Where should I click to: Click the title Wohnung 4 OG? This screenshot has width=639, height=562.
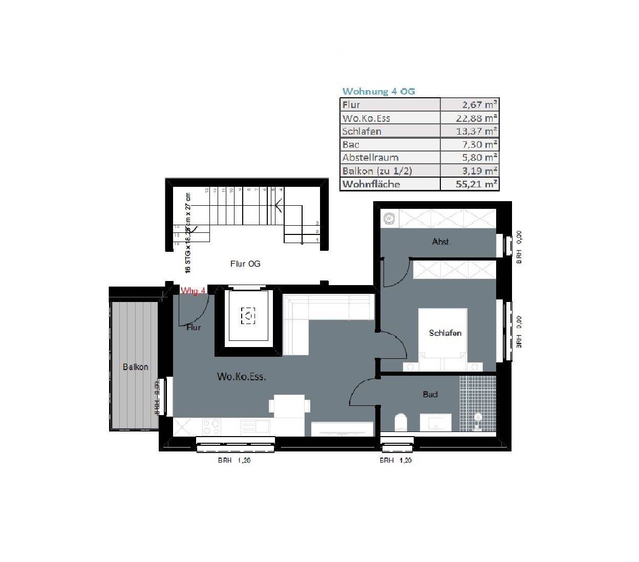pyautogui.click(x=378, y=92)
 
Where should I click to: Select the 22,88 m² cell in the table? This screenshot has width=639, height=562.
pyautogui.click(x=470, y=118)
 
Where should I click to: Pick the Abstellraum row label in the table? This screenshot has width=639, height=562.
pyautogui.click(x=370, y=158)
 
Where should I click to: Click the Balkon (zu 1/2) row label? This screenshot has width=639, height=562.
pyautogui.click(x=377, y=171)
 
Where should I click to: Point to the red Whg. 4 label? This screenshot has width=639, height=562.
pyautogui.click(x=193, y=291)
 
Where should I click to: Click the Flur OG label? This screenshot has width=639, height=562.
pyautogui.click(x=245, y=264)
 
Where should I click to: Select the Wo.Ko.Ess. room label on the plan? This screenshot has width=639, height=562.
pyautogui.click(x=241, y=377)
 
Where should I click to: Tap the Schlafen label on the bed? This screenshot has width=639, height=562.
pyautogui.click(x=445, y=333)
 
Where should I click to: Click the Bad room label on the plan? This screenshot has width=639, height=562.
pyautogui.click(x=430, y=395)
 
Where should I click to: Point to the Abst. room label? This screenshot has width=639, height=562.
pyautogui.click(x=441, y=242)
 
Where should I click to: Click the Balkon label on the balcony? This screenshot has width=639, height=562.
pyautogui.click(x=136, y=367)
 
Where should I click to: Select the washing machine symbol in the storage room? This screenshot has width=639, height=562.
pyautogui.click(x=389, y=219)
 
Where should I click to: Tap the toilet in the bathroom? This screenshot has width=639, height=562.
pyautogui.click(x=400, y=423)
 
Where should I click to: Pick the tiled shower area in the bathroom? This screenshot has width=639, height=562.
pyautogui.click(x=478, y=405)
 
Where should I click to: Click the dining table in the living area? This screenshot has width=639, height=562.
pyautogui.click(x=289, y=405)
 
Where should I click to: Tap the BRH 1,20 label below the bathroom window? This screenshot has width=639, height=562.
pyautogui.click(x=395, y=461)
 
